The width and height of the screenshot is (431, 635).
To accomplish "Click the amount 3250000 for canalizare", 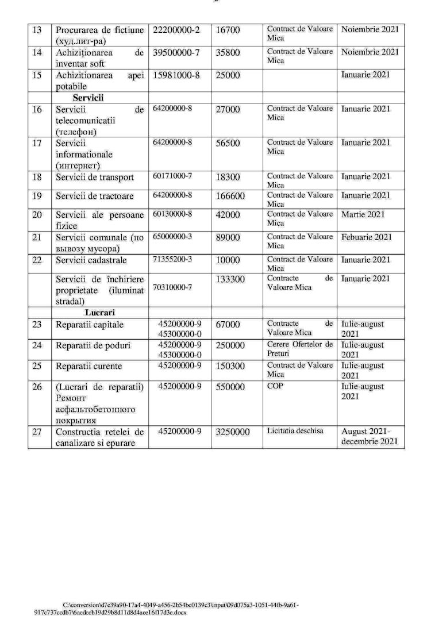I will tap(233, 432).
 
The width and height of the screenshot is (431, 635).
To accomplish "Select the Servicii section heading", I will tap(87, 98).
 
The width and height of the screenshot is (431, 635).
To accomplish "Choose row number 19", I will tap(37, 196).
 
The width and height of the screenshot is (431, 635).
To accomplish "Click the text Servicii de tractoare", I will tap(94, 196).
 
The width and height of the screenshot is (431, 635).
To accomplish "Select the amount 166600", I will tap(230, 196).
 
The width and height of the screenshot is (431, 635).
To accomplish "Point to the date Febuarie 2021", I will tap(367, 237).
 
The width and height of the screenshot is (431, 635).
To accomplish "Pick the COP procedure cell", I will tap(275, 386).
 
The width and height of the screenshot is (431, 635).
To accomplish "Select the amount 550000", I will tap(230, 387).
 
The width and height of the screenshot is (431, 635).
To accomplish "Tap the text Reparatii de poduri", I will tap(93, 345).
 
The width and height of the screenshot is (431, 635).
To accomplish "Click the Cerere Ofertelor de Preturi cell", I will tap(299, 349).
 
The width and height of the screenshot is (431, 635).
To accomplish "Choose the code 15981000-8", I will tap(176, 75).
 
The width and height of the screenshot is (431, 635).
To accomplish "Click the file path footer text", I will tap(167, 609).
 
